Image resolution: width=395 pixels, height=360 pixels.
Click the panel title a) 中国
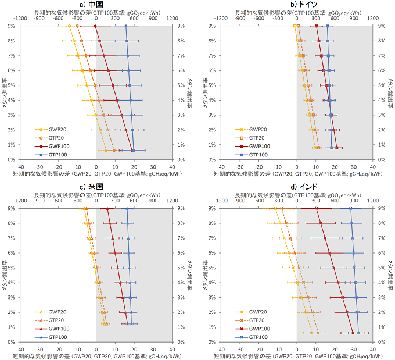click(x=96, y=4)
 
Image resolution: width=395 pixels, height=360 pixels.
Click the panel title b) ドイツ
click(x=296, y=4)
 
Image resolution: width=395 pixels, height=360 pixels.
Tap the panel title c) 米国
click(x=96, y=186)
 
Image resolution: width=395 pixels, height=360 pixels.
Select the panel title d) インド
click(x=296, y=186)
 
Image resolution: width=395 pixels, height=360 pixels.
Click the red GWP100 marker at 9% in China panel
click(x=96, y=26)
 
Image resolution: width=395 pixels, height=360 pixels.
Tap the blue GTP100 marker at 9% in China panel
click(x=126, y=26)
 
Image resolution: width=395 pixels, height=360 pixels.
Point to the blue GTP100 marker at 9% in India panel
click(x=350, y=208)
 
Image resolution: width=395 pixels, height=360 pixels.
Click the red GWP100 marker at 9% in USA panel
click(x=107, y=208)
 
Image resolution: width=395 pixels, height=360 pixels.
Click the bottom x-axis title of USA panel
click(x=96, y=355)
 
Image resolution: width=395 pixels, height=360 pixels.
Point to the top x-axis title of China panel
click(x=96, y=12)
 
